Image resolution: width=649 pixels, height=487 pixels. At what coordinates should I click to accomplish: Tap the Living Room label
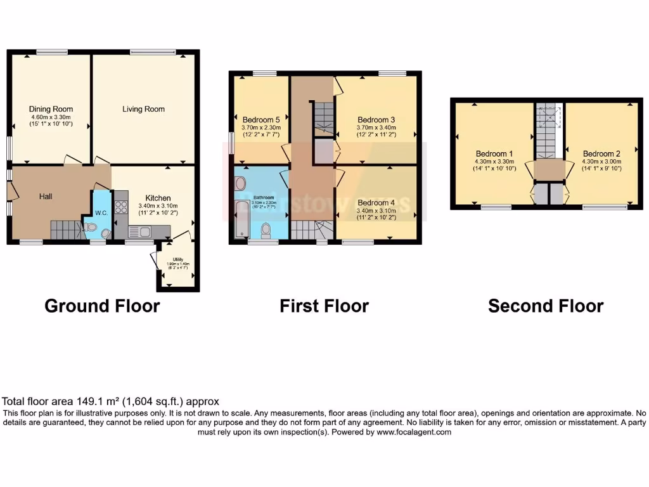point(143,109)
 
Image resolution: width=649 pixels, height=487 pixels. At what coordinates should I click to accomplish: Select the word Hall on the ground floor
point(46,197)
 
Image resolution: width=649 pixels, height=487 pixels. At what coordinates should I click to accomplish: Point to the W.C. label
point(101,212)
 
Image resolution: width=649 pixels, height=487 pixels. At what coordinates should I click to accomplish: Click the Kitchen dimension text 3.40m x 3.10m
point(153,205)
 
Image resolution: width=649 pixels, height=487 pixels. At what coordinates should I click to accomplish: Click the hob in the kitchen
point(120,206)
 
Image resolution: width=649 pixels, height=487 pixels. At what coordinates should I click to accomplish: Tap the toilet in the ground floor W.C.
point(91,227)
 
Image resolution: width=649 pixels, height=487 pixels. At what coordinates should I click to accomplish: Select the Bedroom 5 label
point(260,120)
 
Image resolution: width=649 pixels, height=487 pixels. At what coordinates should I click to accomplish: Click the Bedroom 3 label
point(376,120)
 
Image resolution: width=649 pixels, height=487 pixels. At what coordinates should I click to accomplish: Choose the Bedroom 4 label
point(376,203)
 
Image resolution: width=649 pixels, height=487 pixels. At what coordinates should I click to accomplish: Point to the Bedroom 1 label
point(494,153)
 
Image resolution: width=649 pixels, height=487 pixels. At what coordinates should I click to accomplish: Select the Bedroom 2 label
point(601,153)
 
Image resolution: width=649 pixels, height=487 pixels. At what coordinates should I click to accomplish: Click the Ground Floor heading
point(102,306)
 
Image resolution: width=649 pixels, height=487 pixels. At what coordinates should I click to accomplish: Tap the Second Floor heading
point(545,306)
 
